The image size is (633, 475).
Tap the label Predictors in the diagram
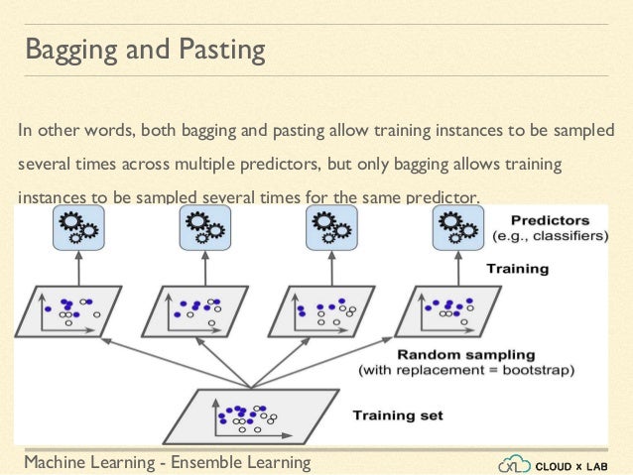551,220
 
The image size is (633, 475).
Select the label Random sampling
465,354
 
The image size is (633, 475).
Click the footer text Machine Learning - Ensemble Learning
167,462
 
